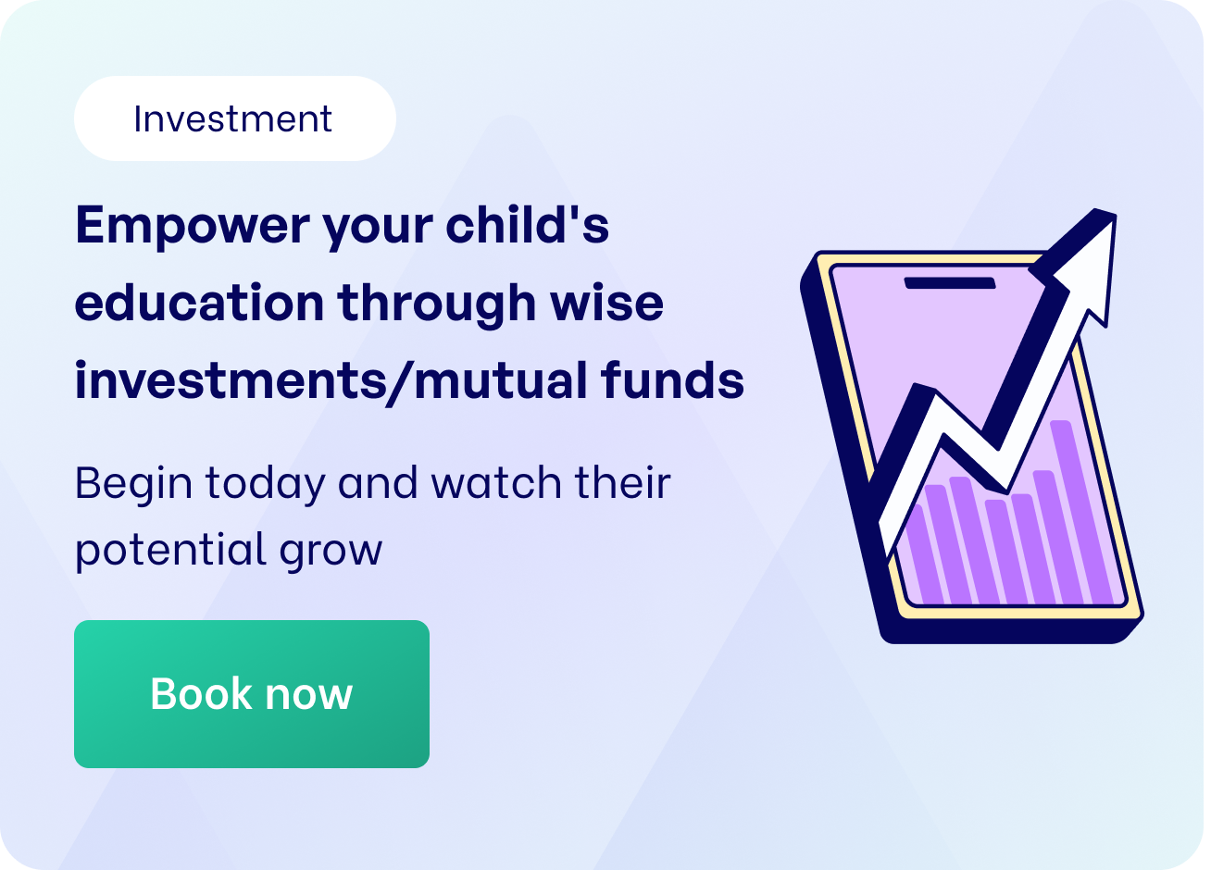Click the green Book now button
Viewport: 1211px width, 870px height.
click(x=251, y=694)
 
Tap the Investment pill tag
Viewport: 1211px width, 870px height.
click(x=234, y=118)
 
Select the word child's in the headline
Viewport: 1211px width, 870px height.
click(x=527, y=225)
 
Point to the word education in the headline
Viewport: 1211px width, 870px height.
click(x=199, y=303)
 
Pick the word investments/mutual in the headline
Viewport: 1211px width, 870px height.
click(x=330, y=381)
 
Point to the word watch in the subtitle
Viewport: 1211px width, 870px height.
click(x=496, y=483)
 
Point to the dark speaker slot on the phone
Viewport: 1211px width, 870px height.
click(x=950, y=282)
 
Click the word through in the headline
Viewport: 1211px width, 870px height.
click(x=436, y=304)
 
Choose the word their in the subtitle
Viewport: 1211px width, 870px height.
click(x=622, y=483)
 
